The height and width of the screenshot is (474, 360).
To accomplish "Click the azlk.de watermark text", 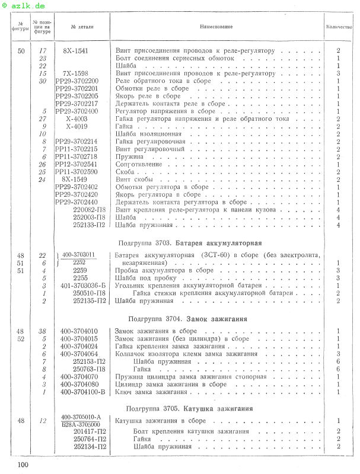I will (23, 5).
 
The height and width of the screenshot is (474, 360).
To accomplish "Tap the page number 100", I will (23, 464).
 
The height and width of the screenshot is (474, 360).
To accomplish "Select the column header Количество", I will (339, 27).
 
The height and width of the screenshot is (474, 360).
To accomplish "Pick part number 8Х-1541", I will (75, 51).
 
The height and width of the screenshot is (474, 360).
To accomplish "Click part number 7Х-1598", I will (75, 73).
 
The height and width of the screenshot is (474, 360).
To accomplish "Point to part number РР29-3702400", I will (77, 111).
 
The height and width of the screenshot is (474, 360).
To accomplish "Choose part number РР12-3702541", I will (77, 164).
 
